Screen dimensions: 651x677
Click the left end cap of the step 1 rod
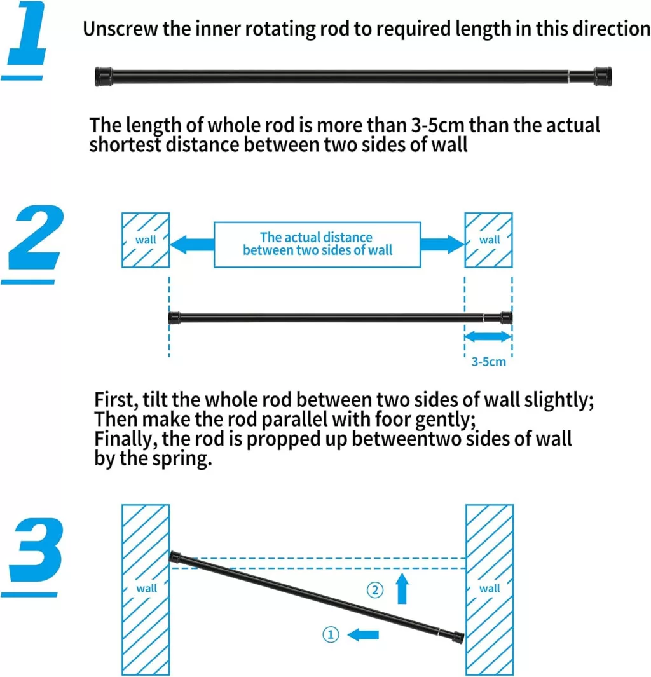(104, 77)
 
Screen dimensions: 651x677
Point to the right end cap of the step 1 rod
(603, 76)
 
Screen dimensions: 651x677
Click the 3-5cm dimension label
(488, 361)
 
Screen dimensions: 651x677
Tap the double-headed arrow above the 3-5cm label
(488, 336)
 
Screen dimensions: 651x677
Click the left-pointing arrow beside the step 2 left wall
(192, 245)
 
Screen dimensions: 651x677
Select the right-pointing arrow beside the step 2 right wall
(442, 244)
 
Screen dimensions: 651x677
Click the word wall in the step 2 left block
(146, 240)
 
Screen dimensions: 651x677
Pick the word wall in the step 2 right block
(490, 240)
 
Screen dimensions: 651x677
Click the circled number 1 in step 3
(331, 634)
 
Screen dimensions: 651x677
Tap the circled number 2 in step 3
(374, 590)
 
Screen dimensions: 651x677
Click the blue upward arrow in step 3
(402, 588)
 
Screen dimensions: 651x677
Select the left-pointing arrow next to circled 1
(362, 634)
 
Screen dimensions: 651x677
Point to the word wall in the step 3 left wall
(147, 589)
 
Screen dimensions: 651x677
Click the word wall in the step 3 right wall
(490, 589)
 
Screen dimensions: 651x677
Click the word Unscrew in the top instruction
(120, 29)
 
